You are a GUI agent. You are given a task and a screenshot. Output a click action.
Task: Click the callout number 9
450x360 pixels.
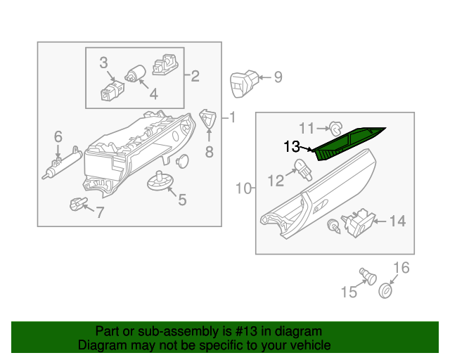tap(278, 77)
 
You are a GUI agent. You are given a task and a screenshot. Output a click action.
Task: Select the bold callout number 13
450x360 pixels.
tap(292, 146)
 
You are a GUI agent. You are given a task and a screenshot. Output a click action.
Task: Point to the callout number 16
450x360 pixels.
tap(400, 267)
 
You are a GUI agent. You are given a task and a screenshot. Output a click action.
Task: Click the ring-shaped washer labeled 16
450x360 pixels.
tap(386, 290)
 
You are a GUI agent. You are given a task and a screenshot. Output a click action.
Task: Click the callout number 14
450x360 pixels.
tap(397, 221)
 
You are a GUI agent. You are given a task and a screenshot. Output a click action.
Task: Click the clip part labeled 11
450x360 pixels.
tap(337, 128)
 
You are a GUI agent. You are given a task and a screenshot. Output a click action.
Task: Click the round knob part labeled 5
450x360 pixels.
tap(160, 181)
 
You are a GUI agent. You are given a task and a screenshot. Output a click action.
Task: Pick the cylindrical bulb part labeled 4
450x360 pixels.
tap(135, 72)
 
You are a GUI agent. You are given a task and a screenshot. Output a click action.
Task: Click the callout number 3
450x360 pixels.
tap(103, 63)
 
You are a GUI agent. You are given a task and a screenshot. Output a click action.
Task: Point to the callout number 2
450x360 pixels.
tap(195, 75)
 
